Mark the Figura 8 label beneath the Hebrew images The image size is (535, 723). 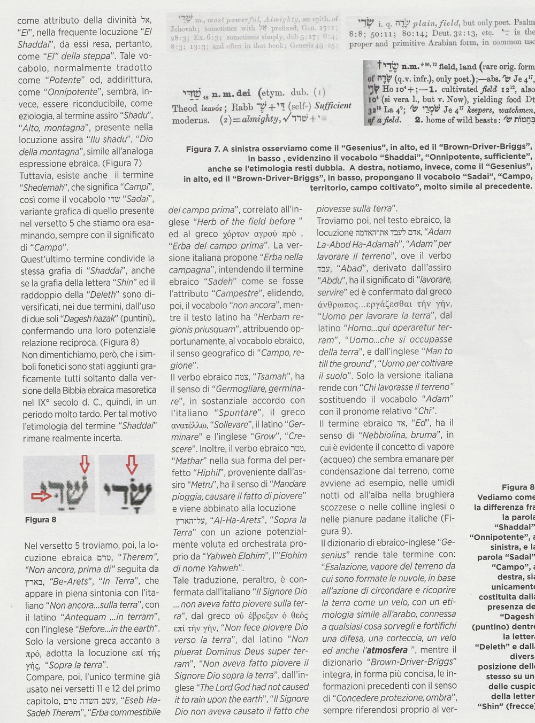[40, 519]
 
